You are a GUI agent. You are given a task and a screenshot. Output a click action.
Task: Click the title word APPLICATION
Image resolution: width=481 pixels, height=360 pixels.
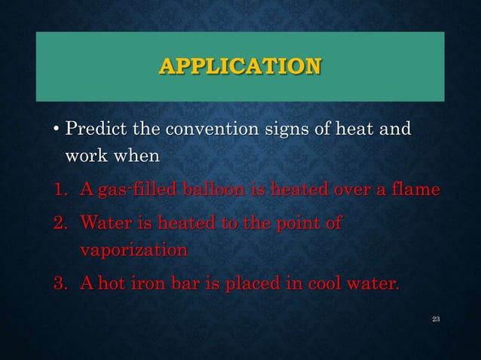tap(240, 66)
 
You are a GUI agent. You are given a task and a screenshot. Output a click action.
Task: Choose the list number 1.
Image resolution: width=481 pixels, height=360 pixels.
tap(58, 189)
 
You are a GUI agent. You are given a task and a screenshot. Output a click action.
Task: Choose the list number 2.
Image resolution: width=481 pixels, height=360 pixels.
tap(58, 223)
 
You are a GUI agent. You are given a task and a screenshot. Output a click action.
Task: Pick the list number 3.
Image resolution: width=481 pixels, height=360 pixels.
tap(58, 285)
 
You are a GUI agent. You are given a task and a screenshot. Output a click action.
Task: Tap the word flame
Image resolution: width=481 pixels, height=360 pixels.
tap(414, 189)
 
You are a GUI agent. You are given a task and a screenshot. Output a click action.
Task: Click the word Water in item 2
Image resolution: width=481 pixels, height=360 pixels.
tap(105, 223)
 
